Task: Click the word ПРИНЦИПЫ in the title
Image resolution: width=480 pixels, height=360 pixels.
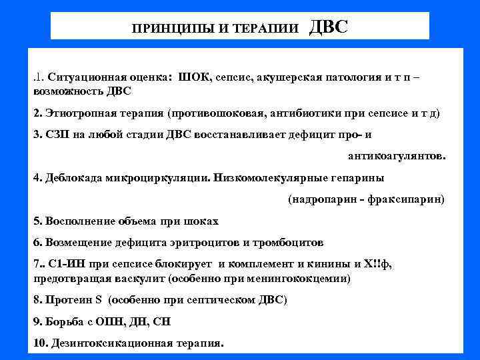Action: point(164,29)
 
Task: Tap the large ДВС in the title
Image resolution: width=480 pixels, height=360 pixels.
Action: point(329,27)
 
